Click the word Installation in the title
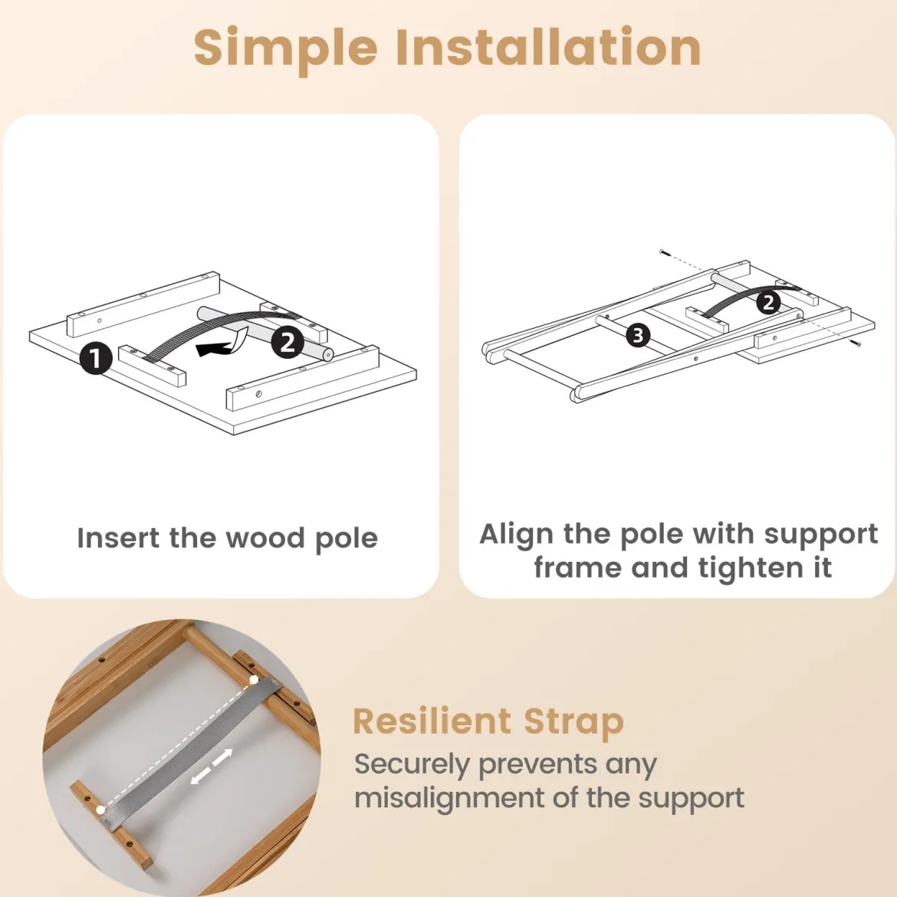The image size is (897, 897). pos(549,47)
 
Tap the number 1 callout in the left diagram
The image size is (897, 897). pos(96,358)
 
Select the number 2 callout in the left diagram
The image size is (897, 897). pos(287,342)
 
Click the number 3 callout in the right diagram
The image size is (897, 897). pos(639,335)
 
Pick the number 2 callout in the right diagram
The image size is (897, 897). pos(768,302)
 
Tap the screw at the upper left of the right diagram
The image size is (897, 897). pos(663,251)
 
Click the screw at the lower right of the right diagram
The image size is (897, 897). pos(856,343)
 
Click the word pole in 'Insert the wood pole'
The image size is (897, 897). pos(347,539)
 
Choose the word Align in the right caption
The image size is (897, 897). pos(517,535)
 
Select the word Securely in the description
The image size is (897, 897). pos(412,765)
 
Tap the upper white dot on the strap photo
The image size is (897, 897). pos(254,681)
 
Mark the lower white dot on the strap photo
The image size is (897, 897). pos(101,810)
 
